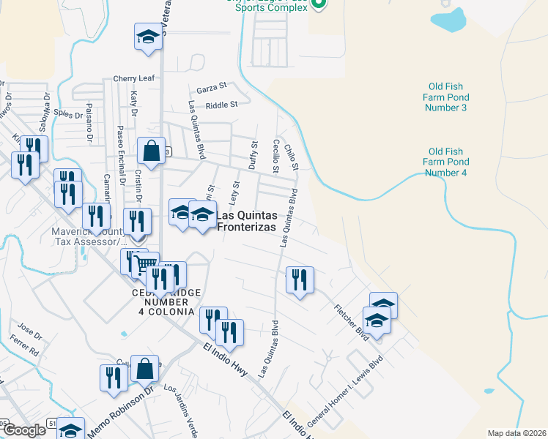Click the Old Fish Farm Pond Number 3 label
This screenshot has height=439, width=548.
tap(445, 97)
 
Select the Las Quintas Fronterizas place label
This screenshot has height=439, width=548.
tap(246, 221)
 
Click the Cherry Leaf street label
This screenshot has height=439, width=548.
tap(133, 78)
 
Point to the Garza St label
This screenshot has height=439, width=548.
tap(212, 88)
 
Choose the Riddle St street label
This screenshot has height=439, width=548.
tap(222, 105)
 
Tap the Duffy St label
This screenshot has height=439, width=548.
tap(253, 155)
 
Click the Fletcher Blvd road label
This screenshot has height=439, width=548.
tap(351, 322)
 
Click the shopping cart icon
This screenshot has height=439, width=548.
tap(146, 264)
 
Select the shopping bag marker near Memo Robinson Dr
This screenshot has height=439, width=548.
tap(145, 369)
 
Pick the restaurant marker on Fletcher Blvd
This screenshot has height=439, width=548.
tap(300, 280)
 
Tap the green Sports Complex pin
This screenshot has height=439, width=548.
tap(318, 4)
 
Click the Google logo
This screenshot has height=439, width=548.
tap(24, 430)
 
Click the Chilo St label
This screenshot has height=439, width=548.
tap(292, 157)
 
